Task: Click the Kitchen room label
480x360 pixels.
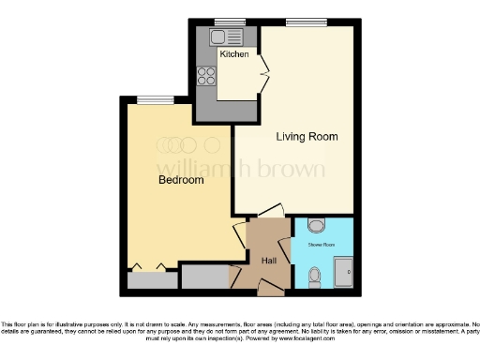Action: [234, 54]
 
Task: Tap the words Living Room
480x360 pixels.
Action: [307, 137]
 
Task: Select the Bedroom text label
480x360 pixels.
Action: [180, 180]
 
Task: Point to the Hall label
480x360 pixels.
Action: [269, 260]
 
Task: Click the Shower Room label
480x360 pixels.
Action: [322, 246]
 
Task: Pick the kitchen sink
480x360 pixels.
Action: [226, 37]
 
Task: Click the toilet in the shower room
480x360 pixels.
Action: [315, 275]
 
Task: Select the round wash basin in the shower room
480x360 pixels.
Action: [316, 225]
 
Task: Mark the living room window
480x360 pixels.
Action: [301, 22]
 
